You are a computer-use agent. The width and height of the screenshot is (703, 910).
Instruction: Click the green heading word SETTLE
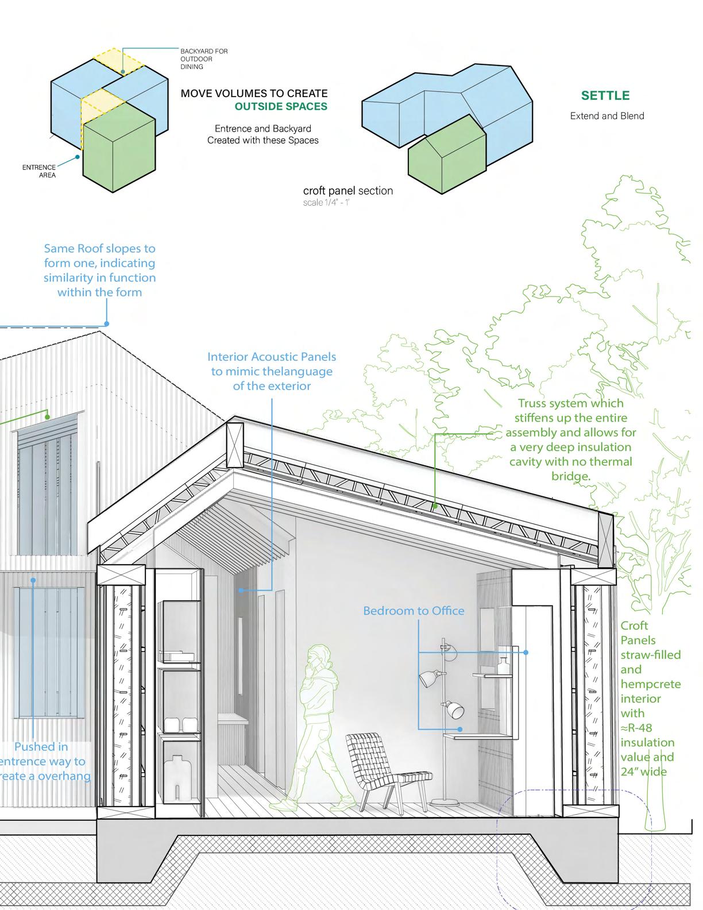pos(605,95)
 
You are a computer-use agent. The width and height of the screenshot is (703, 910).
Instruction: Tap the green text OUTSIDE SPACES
pos(281,106)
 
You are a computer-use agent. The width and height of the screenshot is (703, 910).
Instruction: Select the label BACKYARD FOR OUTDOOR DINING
pos(204,59)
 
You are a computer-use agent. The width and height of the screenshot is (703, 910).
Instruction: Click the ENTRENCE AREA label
pos(39,171)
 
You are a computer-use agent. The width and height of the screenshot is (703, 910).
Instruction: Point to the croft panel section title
pos(348,191)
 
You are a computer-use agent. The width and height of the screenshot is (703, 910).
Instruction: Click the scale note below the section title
pos(326,203)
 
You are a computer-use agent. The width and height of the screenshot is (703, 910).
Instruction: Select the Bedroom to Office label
pos(414,611)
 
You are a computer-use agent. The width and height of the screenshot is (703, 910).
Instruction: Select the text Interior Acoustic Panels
pos(272,357)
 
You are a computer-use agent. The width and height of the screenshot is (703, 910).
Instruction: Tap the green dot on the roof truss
pos(435,506)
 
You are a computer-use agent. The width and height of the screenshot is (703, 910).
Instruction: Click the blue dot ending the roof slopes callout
pos(107,323)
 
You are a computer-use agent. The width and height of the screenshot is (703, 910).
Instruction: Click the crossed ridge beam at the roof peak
pos(235,445)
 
